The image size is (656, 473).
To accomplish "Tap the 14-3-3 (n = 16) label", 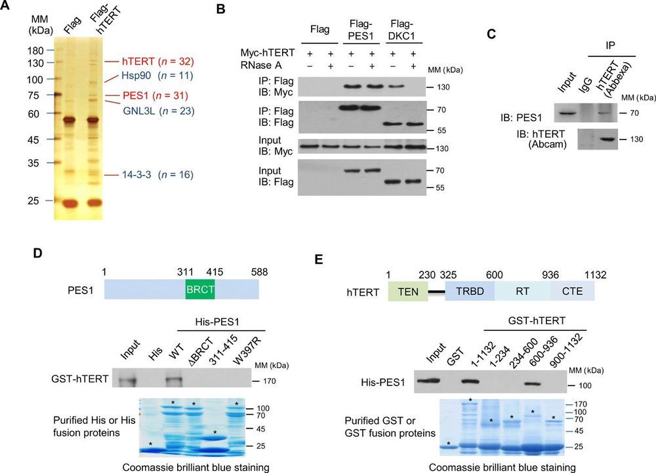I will [140, 175].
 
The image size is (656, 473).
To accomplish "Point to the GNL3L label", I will [140, 111].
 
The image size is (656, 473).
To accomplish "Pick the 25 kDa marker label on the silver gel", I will [35, 200].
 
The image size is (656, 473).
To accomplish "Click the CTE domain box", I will [570, 288].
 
